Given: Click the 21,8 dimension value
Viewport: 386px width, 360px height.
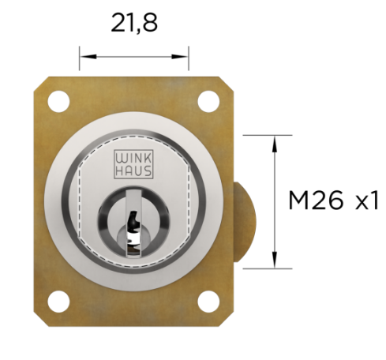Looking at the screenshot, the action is [134, 23].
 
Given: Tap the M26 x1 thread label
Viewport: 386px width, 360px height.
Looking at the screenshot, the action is [334, 201].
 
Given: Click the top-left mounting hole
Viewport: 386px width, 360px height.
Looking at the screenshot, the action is [58, 101].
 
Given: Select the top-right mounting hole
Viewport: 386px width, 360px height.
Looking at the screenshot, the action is [208, 101].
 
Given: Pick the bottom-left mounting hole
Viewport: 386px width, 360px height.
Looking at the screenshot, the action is [58, 302].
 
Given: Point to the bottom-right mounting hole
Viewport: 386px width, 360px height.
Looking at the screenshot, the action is [208, 302].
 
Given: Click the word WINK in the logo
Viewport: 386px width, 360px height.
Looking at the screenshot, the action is [133, 159].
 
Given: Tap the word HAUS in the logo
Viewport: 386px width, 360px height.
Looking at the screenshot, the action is [133, 171].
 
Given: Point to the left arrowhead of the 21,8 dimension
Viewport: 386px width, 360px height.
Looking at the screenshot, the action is [88, 56].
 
